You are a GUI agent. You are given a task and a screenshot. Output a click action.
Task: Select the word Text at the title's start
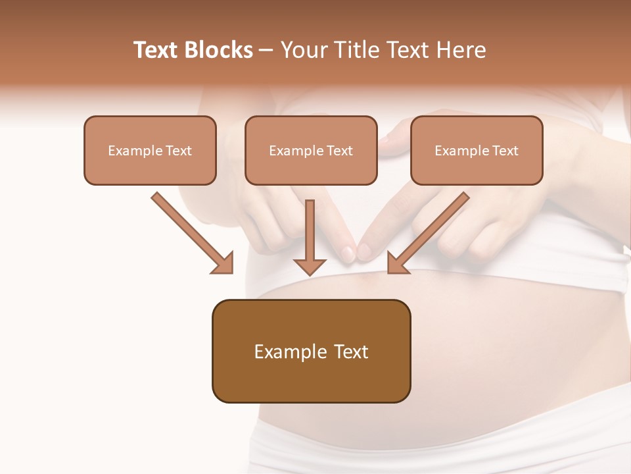[x=158, y=50]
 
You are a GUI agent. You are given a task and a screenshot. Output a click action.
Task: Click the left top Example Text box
[x=150, y=150]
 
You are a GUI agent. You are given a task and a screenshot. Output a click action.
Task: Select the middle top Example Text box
[x=311, y=150]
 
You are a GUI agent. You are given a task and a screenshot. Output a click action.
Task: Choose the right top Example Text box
[x=477, y=150]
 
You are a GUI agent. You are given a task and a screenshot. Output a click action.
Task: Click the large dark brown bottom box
[x=311, y=351]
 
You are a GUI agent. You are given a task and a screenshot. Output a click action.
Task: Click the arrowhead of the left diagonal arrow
[x=225, y=264]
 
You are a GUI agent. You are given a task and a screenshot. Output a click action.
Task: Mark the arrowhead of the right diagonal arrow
[x=396, y=263]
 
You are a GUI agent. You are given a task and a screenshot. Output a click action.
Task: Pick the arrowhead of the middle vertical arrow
[x=310, y=266]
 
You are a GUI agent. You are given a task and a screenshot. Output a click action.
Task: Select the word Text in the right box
[x=505, y=151]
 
